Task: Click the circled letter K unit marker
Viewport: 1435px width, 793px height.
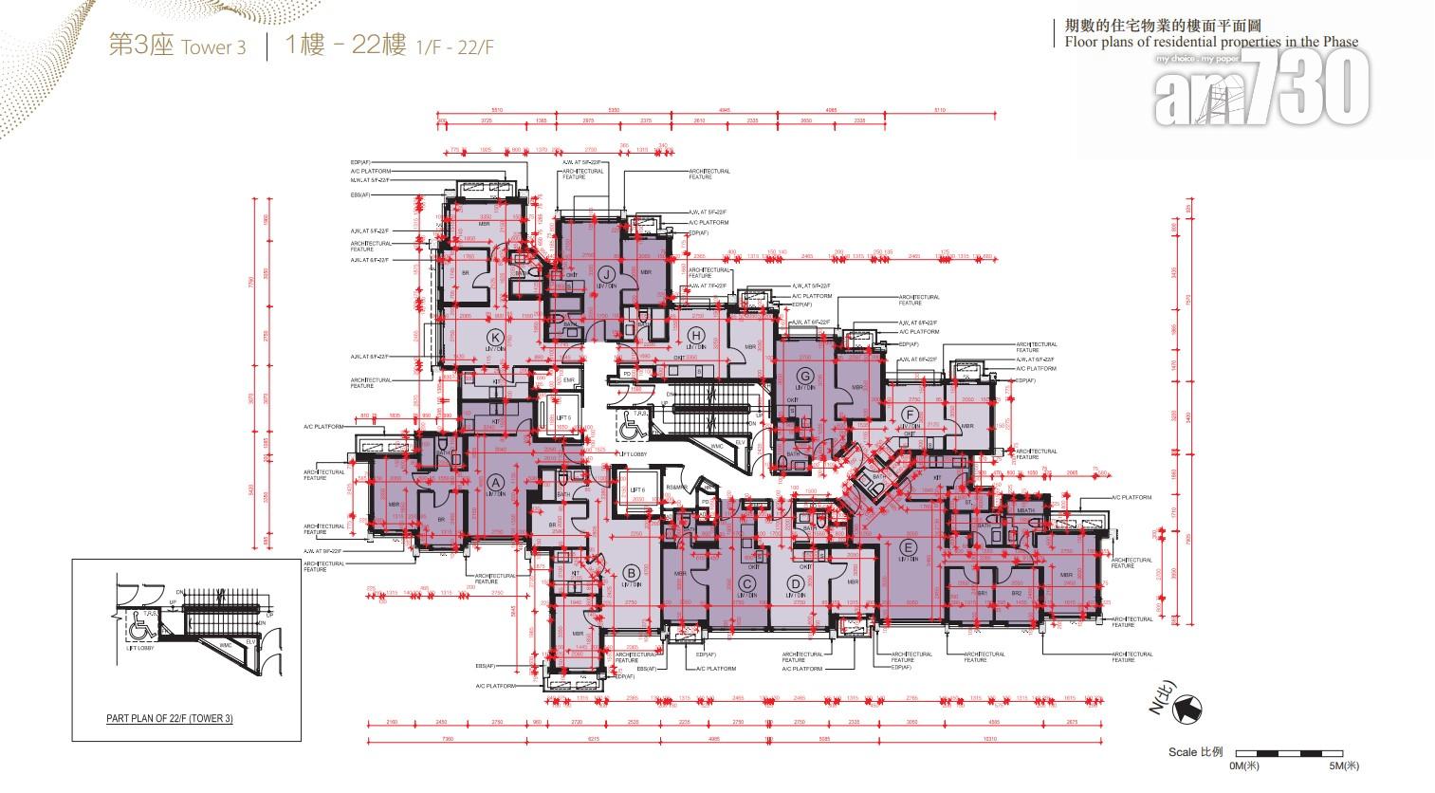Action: [x=493, y=337]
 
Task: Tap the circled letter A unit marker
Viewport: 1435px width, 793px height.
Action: [x=493, y=480]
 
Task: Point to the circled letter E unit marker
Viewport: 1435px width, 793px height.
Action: [x=909, y=547]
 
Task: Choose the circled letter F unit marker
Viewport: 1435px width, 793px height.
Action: [x=909, y=415]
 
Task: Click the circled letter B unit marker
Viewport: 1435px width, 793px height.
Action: [x=629, y=571]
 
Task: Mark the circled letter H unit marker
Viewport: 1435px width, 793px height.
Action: [x=696, y=334]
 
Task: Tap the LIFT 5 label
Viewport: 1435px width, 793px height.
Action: [x=562, y=417]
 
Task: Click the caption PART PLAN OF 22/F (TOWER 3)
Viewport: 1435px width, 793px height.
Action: [x=169, y=719]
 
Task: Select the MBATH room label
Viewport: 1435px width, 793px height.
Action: [x=1024, y=511]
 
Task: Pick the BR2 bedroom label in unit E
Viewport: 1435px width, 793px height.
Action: [x=1017, y=593]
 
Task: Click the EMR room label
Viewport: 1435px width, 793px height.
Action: [x=569, y=380]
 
